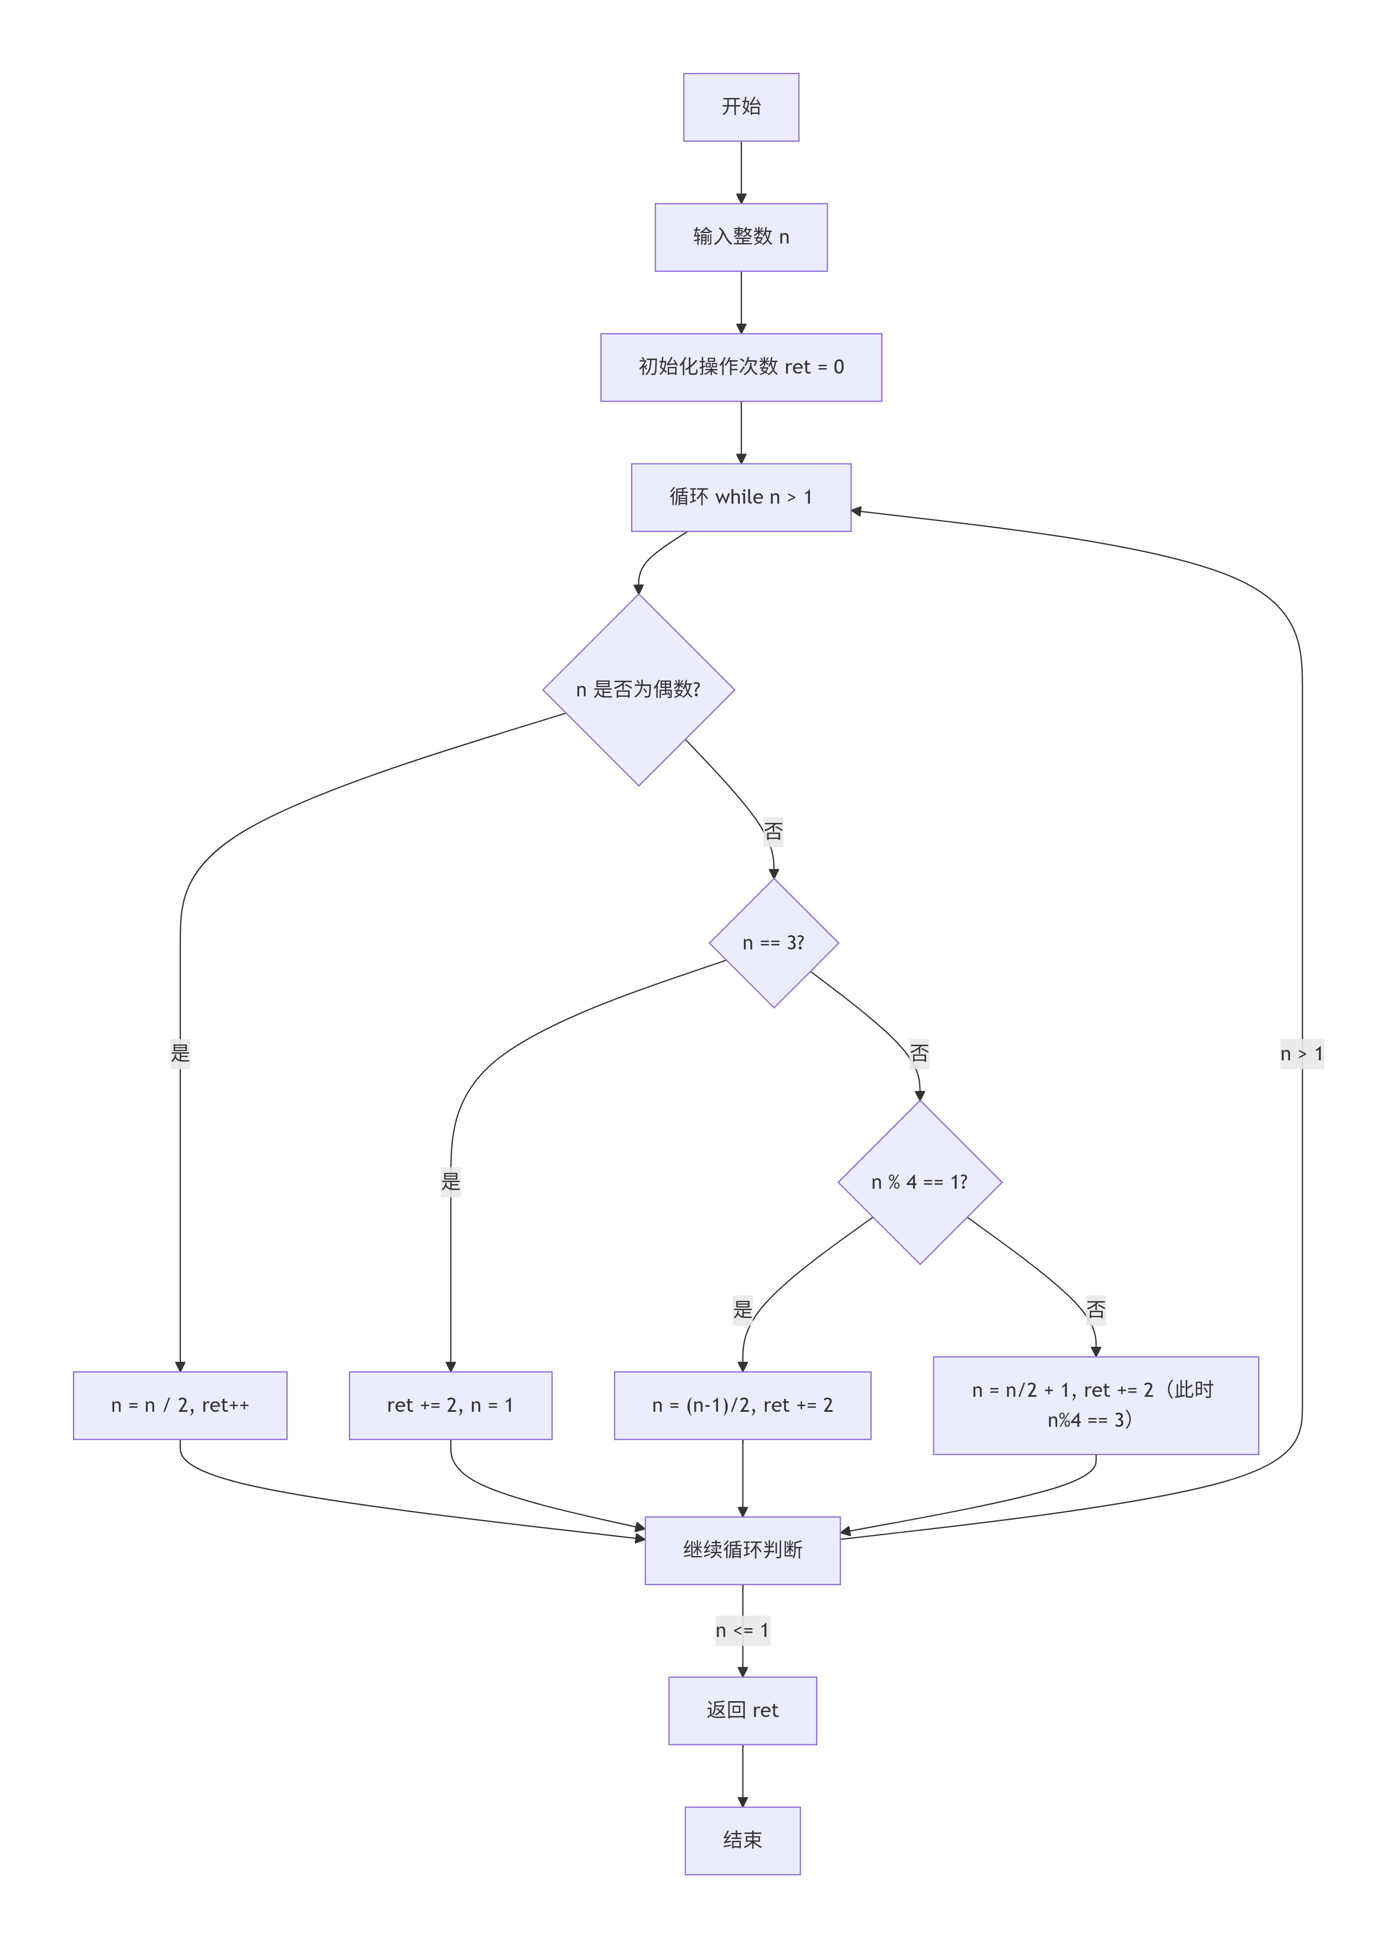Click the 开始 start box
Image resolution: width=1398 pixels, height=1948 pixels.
click(x=741, y=107)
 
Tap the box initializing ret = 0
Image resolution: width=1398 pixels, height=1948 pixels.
click(x=741, y=368)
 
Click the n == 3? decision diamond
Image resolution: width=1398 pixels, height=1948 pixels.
click(x=774, y=943)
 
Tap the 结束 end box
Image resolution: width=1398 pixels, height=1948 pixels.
click(x=743, y=1841)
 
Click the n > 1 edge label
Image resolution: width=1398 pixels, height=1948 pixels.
click(x=1302, y=1054)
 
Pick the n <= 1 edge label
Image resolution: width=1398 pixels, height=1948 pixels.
click(x=743, y=1630)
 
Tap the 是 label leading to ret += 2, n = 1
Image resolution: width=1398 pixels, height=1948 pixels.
click(x=451, y=1182)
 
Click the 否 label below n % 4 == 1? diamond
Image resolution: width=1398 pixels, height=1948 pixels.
click(x=1096, y=1310)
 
